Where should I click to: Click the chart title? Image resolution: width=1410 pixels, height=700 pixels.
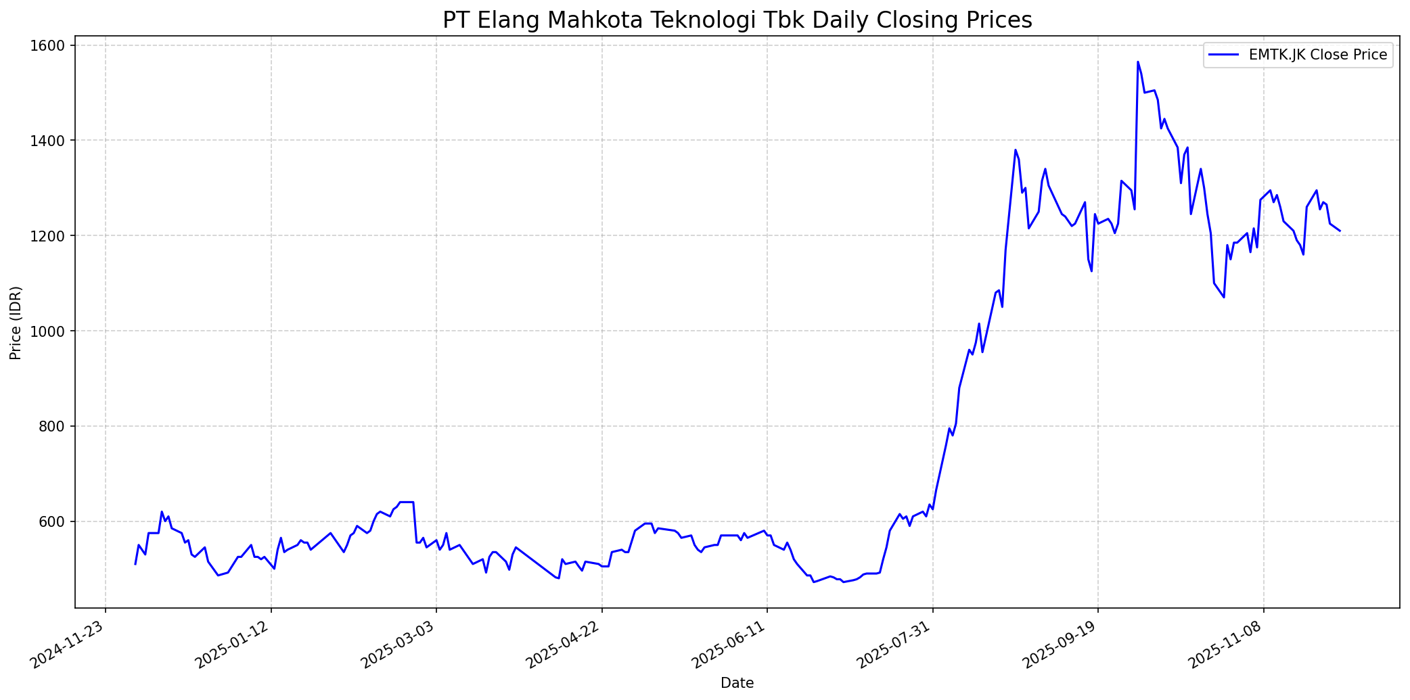click(x=737, y=20)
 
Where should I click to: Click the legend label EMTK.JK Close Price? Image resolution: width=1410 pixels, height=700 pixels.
click(x=1318, y=55)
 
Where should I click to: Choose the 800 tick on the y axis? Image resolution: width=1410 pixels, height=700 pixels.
click(x=55, y=426)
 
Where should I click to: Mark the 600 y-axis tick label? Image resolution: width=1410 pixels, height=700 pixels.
click(x=55, y=521)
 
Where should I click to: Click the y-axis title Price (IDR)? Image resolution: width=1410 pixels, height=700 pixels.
click(x=16, y=323)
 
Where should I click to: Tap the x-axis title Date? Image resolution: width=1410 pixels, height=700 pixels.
click(x=737, y=683)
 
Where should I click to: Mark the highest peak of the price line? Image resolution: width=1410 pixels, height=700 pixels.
click(x=1137, y=62)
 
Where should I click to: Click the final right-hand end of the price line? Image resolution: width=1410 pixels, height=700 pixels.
click(x=1340, y=231)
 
